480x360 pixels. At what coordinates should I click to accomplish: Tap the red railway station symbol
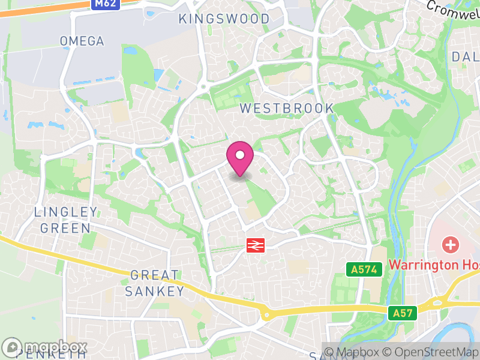(256, 245)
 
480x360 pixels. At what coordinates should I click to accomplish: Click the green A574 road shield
(364, 269)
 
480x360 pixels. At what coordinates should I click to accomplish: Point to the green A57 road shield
(402, 313)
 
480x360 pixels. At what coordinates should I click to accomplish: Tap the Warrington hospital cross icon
(449, 245)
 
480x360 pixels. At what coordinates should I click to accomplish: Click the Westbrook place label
(287, 108)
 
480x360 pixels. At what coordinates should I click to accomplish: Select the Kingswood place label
(224, 19)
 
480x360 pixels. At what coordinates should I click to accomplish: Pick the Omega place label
(82, 41)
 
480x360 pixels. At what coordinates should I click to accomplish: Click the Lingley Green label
(65, 220)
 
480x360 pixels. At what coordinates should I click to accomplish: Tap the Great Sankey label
(155, 283)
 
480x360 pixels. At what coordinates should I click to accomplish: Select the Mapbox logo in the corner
(45, 347)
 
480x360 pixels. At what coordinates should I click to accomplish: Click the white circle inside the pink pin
(240, 155)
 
